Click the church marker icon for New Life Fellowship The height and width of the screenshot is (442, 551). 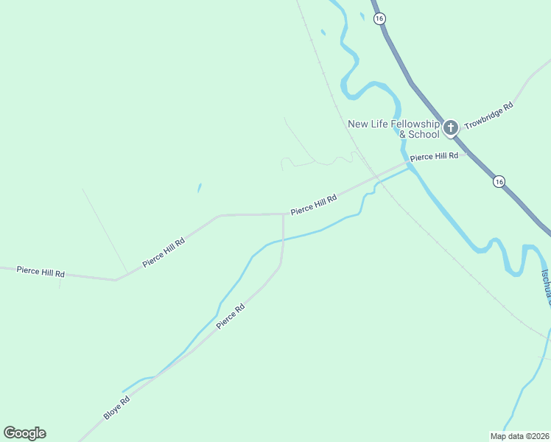[451, 127]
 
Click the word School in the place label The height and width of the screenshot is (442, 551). [424, 135]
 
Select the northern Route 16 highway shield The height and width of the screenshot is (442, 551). [379, 18]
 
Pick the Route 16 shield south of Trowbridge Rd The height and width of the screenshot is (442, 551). [499, 181]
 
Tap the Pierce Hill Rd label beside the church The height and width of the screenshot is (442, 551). [434, 157]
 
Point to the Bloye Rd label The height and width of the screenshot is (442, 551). [116, 407]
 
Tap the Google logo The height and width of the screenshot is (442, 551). [25, 433]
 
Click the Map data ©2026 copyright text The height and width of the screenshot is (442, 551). [519, 436]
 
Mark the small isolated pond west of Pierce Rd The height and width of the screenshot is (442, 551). [199, 188]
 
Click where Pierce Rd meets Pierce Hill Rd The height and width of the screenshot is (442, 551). [284, 214]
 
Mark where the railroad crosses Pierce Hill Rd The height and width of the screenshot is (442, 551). [375, 177]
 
